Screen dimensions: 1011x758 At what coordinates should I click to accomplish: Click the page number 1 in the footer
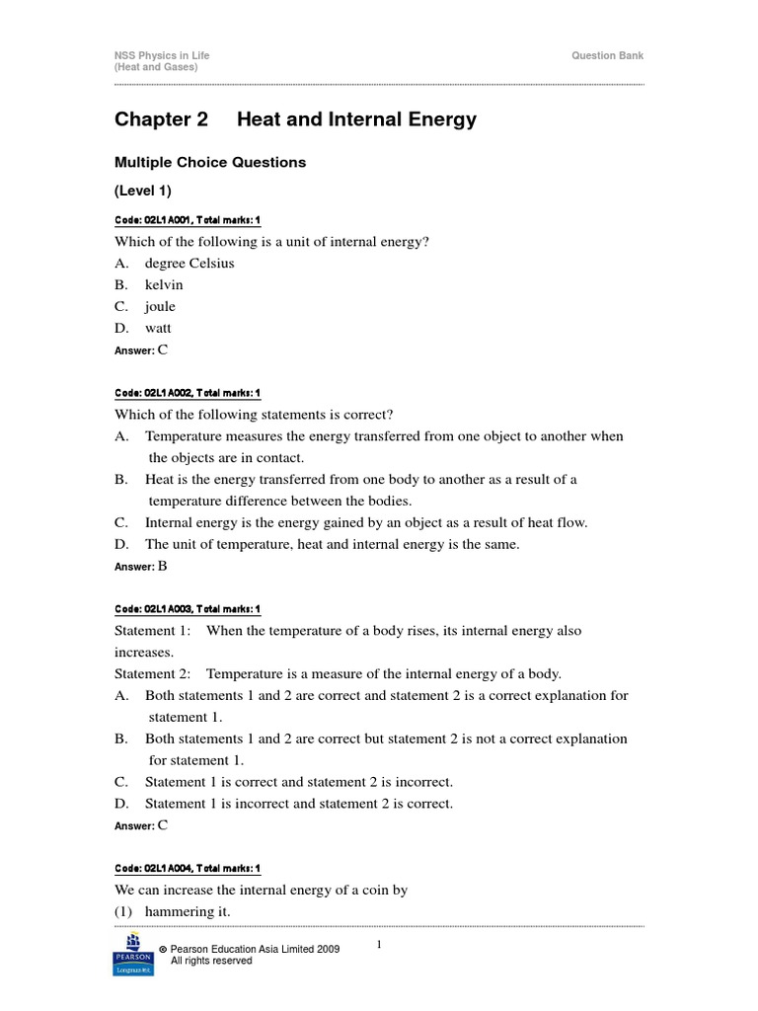[378, 946]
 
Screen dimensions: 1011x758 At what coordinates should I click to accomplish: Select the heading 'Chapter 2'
[162, 120]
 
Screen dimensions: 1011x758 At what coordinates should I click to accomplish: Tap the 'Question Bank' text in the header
[608, 56]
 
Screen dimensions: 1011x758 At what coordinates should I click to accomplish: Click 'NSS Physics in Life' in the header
[162, 56]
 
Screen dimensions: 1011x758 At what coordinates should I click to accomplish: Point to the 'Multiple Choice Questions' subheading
[210, 162]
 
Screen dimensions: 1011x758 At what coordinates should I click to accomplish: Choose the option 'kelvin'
[164, 285]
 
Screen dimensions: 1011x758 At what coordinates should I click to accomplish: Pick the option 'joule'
[160, 307]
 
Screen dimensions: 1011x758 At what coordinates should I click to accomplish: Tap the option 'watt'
[158, 328]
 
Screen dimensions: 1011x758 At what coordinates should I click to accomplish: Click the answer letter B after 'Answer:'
[163, 566]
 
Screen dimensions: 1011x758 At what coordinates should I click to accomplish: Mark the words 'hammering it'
[187, 911]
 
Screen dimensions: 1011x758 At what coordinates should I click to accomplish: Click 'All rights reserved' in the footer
[211, 961]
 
